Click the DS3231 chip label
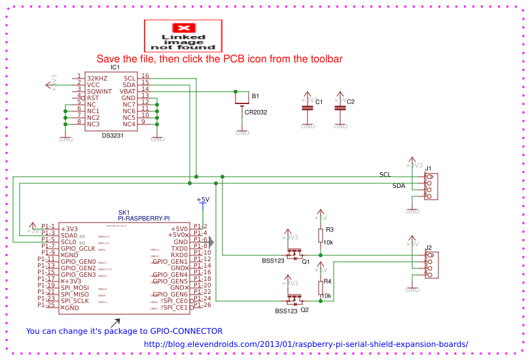point(115,135)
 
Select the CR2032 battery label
point(256,112)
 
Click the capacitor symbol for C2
point(340,108)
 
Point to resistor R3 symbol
point(321,235)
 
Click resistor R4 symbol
point(321,287)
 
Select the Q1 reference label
point(305,261)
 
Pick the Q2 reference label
point(305,310)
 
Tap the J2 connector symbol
point(430,264)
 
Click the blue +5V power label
point(203,200)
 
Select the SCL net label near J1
point(385,174)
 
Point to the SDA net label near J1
point(398,186)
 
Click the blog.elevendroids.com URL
point(306,344)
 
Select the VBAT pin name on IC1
point(128,91)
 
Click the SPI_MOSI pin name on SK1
point(75,288)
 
